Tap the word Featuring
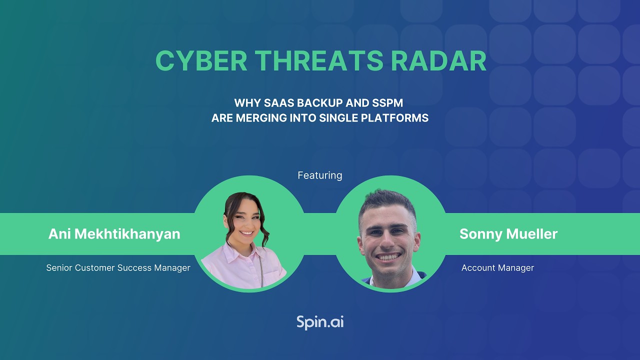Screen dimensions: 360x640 coord(320,175)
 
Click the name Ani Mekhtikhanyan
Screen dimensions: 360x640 coord(114,234)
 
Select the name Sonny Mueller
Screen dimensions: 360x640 coord(508,234)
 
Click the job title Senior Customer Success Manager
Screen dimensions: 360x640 coord(118,268)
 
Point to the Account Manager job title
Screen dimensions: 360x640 coord(497,268)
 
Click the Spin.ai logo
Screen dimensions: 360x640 coord(320,322)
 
